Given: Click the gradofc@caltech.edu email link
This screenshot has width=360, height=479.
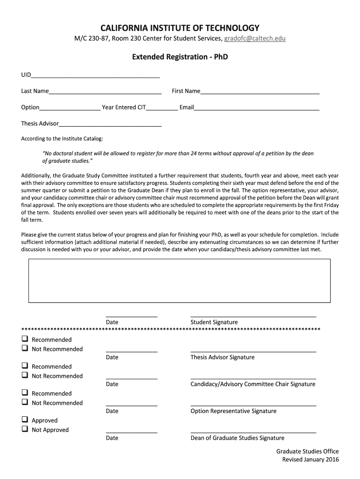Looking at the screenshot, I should (x=255, y=38).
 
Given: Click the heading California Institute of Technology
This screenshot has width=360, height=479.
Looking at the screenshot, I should (x=180, y=28).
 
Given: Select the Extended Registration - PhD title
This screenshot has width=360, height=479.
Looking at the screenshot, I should (x=180, y=57).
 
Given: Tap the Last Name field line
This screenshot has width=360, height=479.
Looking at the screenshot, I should (x=105, y=93).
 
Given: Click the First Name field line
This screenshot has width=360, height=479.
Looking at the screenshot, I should (x=259, y=93).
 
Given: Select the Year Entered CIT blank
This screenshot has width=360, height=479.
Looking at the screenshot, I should (x=162, y=109).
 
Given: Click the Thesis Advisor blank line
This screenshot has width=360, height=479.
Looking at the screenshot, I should (x=110, y=125).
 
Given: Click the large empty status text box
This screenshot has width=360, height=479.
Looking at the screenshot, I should (x=180, y=281).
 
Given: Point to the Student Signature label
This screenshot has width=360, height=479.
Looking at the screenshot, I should (x=214, y=322).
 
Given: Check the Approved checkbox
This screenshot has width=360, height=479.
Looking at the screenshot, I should (x=24, y=420).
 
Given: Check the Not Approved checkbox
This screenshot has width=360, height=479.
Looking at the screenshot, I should (x=24, y=429).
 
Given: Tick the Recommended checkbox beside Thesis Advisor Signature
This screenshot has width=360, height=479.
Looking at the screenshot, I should (x=24, y=339).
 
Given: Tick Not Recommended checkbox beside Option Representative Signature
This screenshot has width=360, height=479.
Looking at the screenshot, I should (x=24, y=402).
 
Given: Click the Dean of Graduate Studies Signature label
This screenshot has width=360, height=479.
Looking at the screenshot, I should (x=238, y=438).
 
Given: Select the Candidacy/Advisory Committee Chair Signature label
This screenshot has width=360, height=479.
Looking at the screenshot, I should (x=253, y=385).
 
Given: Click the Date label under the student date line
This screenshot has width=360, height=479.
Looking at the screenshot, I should (x=112, y=322).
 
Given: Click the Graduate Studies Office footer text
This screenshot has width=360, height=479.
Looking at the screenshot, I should (x=307, y=451).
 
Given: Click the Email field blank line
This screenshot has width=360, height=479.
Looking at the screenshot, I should (x=257, y=109).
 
